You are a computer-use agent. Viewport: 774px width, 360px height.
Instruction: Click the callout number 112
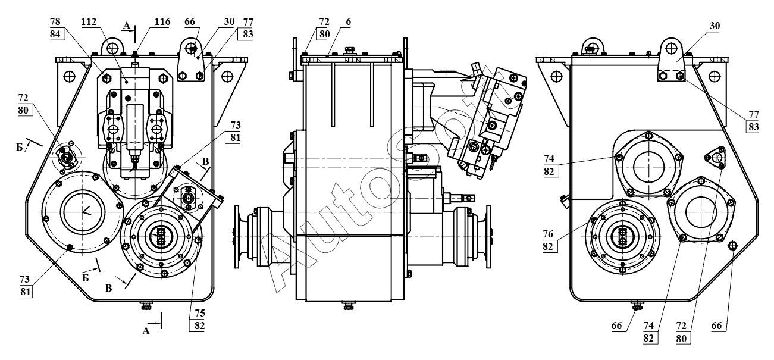(89, 22)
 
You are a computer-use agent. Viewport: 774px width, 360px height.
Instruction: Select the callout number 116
(162, 22)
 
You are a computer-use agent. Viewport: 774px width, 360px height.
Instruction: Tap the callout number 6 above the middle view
(348, 22)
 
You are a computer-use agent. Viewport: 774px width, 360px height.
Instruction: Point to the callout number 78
(55, 22)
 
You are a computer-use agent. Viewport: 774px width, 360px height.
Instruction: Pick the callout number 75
(200, 314)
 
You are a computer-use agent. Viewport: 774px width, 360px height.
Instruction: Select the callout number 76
(548, 234)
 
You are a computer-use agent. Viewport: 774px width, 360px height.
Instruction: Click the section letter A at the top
(127, 25)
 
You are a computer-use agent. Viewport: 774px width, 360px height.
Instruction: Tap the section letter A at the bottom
(146, 331)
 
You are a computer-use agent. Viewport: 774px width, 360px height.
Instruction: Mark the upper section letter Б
(20, 148)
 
